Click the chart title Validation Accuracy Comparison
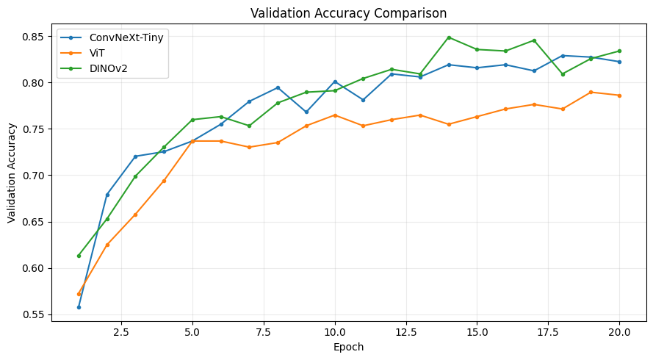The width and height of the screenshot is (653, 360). pyautogui.click(x=349, y=13)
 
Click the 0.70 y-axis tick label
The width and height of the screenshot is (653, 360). pyautogui.click(x=33, y=176)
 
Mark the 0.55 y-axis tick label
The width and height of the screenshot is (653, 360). pyautogui.click(x=33, y=314)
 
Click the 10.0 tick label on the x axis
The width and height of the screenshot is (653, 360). pyautogui.click(x=335, y=332)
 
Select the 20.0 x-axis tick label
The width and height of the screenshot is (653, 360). pyautogui.click(x=619, y=332)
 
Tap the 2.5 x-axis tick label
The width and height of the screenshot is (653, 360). pyautogui.click(x=121, y=332)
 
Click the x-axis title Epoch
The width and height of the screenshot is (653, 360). pyautogui.click(x=349, y=347)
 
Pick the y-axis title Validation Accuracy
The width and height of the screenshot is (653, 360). pyautogui.click(x=11, y=173)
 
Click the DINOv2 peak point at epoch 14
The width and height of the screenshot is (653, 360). pyautogui.click(x=449, y=37)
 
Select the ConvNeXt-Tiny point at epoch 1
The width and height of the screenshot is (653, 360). pyautogui.click(x=79, y=307)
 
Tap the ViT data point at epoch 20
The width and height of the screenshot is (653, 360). pyautogui.click(x=619, y=96)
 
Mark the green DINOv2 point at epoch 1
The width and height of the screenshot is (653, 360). pyautogui.click(x=79, y=256)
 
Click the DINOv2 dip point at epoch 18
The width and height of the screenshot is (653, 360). pyautogui.click(x=563, y=74)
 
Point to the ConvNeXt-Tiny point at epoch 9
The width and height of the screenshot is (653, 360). pyautogui.click(x=306, y=112)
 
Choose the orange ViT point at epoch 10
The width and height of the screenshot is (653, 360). pyautogui.click(x=335, y=115)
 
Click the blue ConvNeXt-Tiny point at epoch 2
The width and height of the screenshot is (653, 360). pyautogui.click(x=107, y=195)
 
